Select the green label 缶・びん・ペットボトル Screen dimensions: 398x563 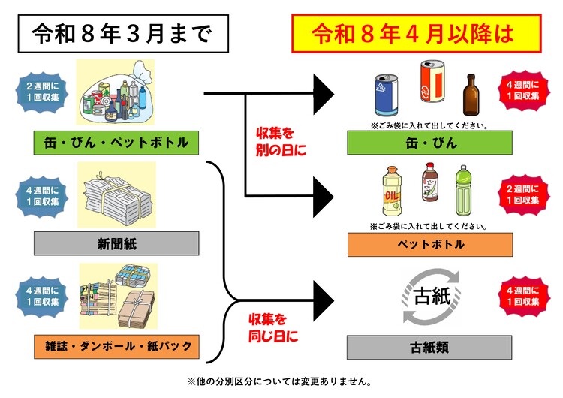tap(116, 142)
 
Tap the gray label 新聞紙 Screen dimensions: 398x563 tap(116, 243)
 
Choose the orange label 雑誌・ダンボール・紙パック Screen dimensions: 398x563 tap(116, 348)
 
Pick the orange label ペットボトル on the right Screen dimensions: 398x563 tap(429, 244)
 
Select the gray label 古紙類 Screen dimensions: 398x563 tap(429, 348)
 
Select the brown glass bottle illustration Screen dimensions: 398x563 tap(471, 94)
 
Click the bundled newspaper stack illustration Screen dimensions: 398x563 tap(116, 197)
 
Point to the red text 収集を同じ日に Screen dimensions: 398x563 tap(272, 327)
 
